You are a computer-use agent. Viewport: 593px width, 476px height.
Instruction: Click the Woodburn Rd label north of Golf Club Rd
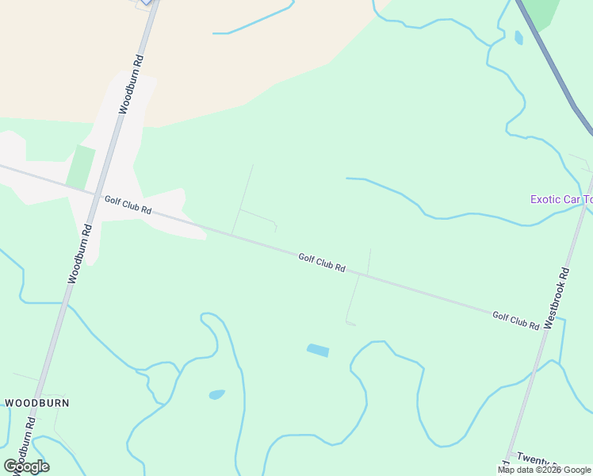(132, 84)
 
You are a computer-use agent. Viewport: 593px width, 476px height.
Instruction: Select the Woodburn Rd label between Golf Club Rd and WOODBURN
(81, 253)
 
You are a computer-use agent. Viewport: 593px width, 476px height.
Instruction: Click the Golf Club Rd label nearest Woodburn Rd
(127, 205)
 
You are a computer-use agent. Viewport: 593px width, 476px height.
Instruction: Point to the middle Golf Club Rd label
(321, 263)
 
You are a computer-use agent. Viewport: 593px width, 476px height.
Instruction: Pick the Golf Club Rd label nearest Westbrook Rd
(515, 320)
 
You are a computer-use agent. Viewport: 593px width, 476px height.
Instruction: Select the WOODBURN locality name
(36, 403)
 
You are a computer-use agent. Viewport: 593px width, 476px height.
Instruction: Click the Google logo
(27, 466)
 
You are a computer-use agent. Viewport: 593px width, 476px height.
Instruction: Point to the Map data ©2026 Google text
(545, 470)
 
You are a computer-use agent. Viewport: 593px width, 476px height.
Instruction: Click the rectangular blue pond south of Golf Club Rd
(317, 350)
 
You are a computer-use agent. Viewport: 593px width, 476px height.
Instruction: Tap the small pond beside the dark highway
(518, 37)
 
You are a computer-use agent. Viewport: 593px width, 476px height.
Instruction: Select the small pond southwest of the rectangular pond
(216, 394)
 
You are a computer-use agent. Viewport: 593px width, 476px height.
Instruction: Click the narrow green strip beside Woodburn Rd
(80, 167)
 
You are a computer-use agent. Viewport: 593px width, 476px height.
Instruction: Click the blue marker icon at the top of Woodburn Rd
(147, 2)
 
